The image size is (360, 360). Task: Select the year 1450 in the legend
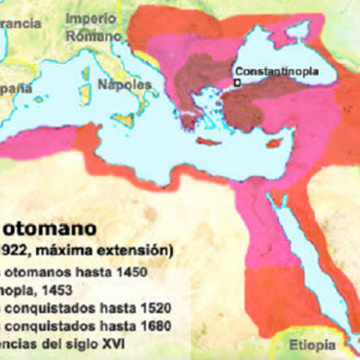click(x=130, y=271)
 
